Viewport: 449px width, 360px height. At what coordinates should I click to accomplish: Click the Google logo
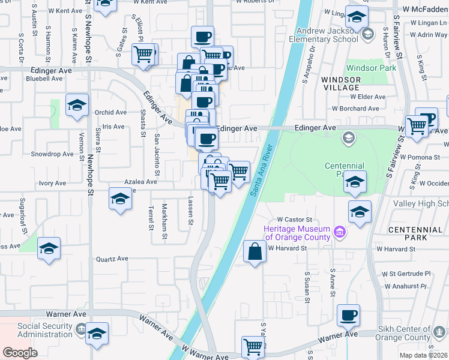click(20, 352)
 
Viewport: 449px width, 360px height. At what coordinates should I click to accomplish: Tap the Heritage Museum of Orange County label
click(297, 233)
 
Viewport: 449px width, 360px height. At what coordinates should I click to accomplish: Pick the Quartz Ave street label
click(112, 259)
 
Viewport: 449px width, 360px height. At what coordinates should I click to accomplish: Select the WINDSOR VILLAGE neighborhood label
click(340, 83)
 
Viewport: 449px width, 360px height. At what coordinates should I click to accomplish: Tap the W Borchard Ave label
click(356, 109)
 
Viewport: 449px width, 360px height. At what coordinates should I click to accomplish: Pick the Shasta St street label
click(143, 123)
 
